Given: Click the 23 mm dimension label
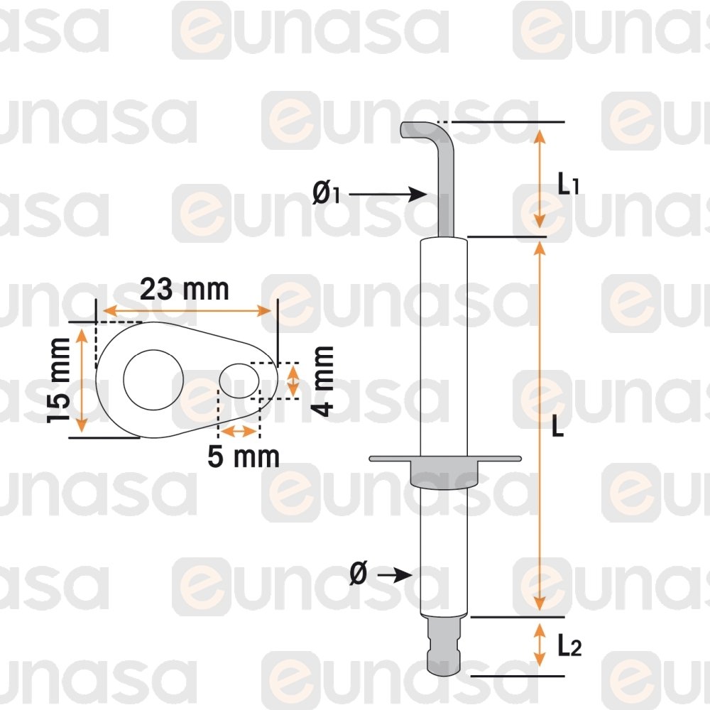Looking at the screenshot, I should click(185, 290).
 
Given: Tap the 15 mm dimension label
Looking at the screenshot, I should click(59, 381).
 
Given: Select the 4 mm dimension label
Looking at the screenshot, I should click(322, 381).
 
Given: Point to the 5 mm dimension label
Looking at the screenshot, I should click(244, 457).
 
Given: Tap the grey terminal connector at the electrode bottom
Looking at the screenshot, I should click(445, 646).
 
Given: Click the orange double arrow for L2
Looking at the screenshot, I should click(540, 645).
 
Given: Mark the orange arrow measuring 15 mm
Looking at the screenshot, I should click(82, 380).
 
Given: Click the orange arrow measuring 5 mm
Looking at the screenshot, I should click(239, 431).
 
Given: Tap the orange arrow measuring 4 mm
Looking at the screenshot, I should click(292, 380).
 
